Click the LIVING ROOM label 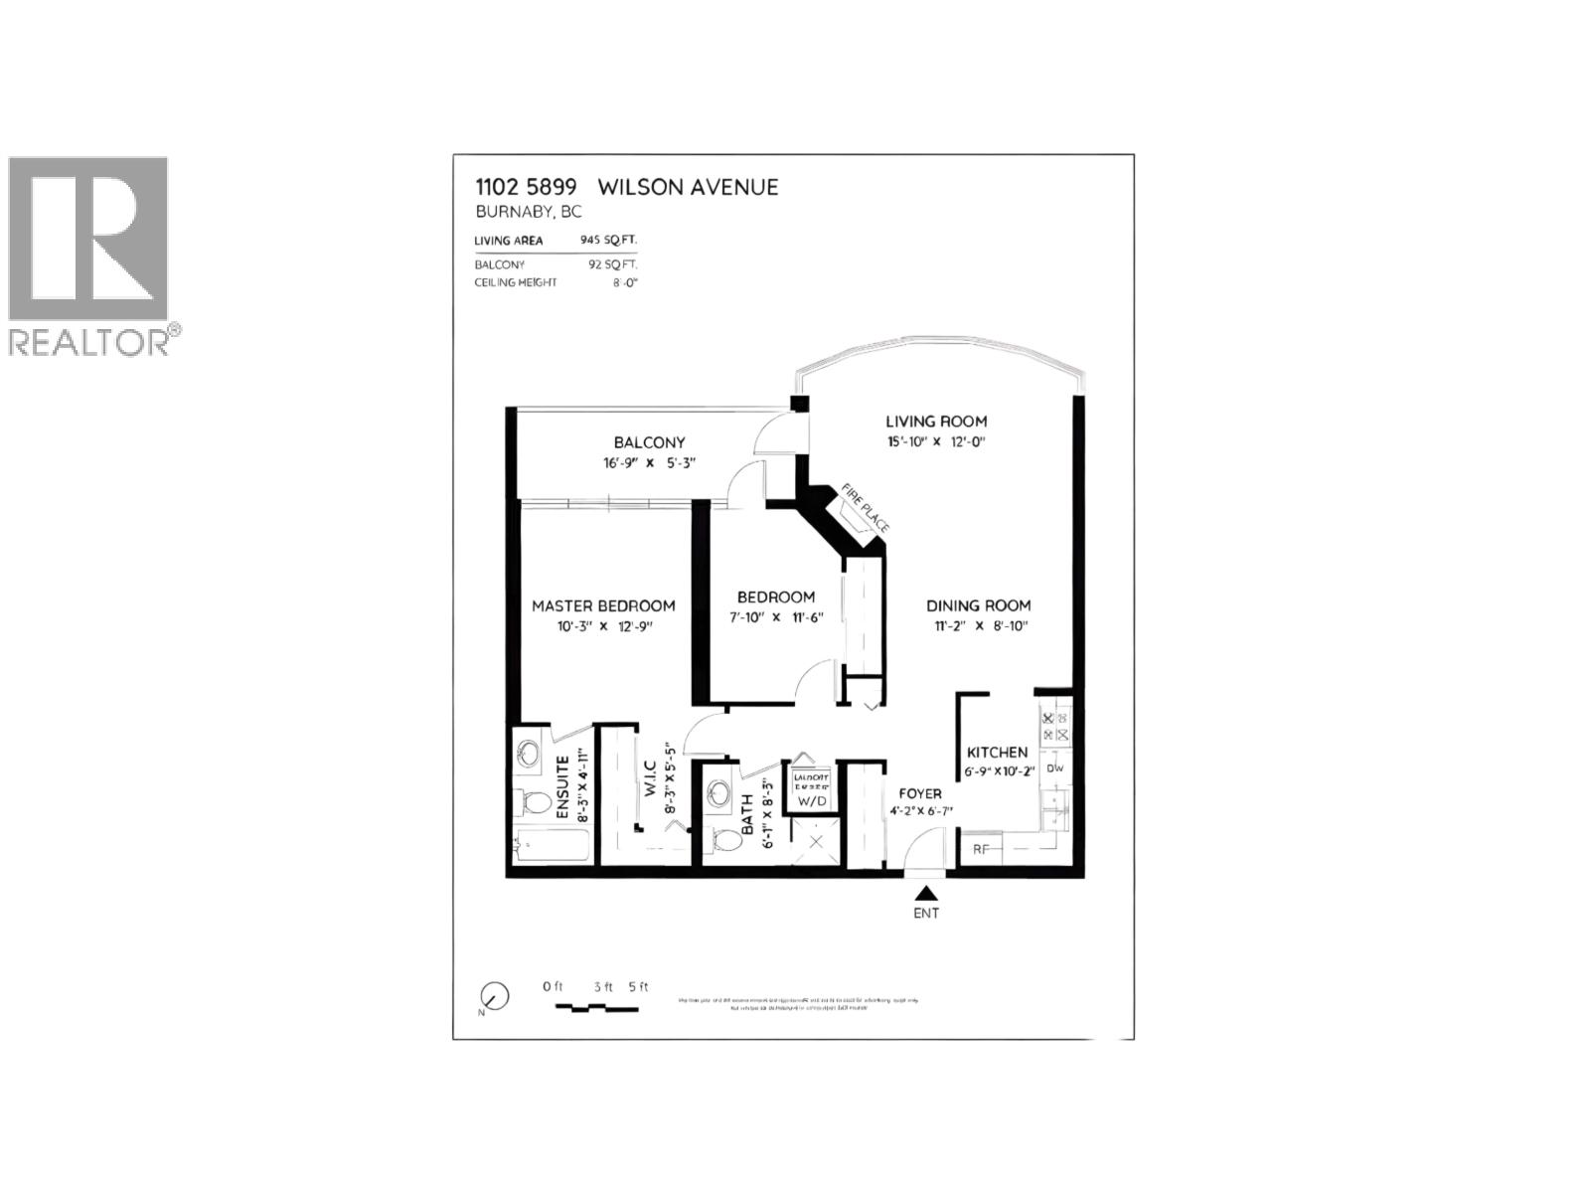[x=936, y=422]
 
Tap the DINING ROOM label [x=978, y=605]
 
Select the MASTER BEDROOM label [x=603, y=605]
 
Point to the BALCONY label [x=649, y=442]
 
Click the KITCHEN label [x=997, y=753]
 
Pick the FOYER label [x=920, y=793]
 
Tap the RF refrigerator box [x=981, y=849]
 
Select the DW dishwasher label [x=1055, y=767]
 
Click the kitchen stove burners [x=1054, y=727]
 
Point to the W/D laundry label [x=812, y=800]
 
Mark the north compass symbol [x=494, y=995]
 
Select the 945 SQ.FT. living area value [x=608, y=241]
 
